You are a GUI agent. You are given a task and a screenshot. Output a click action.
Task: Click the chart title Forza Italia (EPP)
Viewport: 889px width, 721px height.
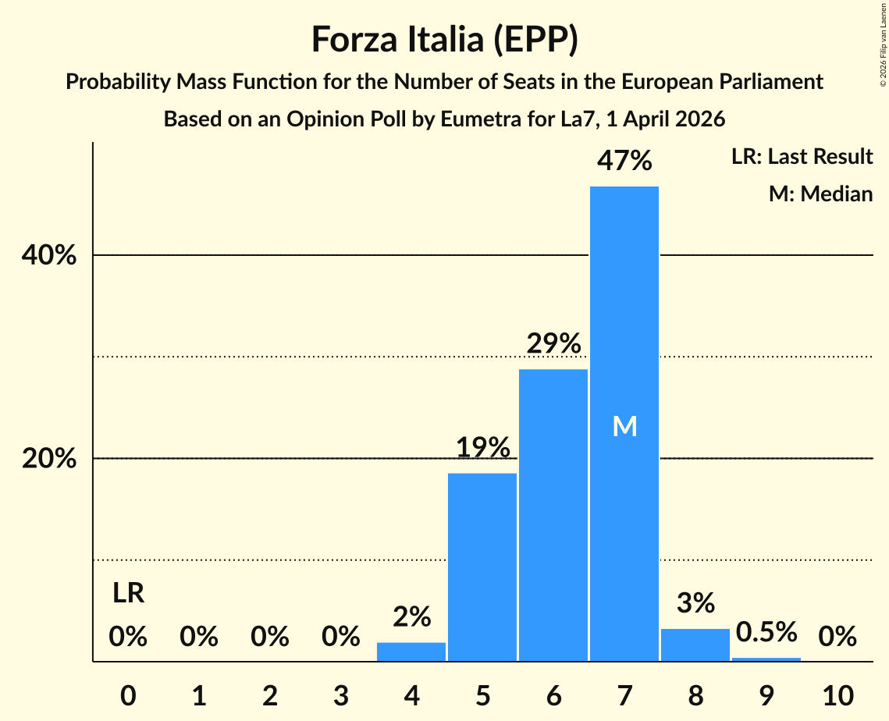click(444, 39)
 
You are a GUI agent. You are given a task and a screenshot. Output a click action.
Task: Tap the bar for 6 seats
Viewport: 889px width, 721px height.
click(553, 515)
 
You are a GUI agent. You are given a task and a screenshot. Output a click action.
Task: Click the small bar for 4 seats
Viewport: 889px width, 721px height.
click(411, 652)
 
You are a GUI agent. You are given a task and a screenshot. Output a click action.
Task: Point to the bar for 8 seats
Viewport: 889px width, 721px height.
click(695, 645)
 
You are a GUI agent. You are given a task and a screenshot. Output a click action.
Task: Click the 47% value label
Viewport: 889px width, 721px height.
click(624, 162)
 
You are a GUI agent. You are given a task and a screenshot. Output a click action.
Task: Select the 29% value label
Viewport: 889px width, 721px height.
click(553, 343)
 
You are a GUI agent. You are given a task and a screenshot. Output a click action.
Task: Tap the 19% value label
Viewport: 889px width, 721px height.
click(482, 448)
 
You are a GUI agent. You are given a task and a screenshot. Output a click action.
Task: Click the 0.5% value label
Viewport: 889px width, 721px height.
click(766, 631)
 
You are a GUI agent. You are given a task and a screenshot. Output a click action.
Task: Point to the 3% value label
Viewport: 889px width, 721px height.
click(695, 603)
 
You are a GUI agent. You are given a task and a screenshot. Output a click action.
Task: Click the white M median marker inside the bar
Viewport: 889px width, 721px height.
click(624, 426)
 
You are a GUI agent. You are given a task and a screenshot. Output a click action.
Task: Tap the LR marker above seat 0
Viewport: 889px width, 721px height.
click(128, 594)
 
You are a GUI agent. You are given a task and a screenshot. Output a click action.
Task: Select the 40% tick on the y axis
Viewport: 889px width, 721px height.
click(49, 255)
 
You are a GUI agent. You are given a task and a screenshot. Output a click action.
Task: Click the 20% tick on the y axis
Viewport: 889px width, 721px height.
click(49, 459)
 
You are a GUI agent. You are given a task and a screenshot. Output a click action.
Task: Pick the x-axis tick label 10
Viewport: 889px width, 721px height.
click(837, 694)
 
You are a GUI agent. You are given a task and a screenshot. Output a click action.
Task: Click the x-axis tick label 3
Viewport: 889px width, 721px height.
click(340, 694)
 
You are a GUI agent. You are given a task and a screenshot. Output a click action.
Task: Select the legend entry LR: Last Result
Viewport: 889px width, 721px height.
click(802, 157)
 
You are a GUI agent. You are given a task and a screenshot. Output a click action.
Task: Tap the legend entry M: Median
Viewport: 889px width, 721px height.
click(820, 194)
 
